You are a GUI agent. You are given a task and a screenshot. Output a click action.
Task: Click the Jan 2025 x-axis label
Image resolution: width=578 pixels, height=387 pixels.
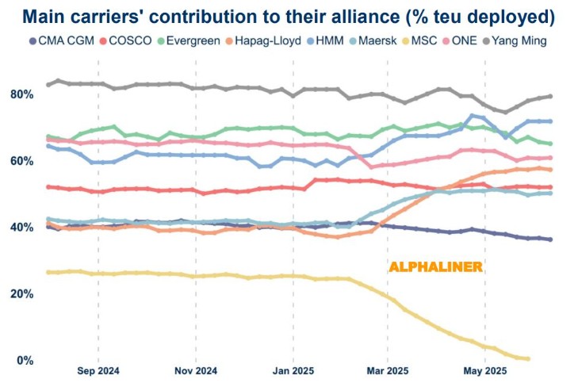[x=293, y=370]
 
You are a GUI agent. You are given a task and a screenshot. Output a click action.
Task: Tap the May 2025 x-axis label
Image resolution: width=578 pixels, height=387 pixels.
[x=484, y=370]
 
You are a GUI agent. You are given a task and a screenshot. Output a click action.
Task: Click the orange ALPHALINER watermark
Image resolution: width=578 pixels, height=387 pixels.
[x=434, y=267]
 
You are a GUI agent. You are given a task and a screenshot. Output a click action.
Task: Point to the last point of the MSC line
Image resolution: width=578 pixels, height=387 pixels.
[x=527, y=359]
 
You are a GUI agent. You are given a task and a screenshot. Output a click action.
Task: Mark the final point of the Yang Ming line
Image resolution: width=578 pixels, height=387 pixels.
[x=550, y=96]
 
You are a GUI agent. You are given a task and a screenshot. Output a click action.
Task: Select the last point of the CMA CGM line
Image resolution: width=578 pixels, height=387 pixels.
[x=550, y=239]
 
